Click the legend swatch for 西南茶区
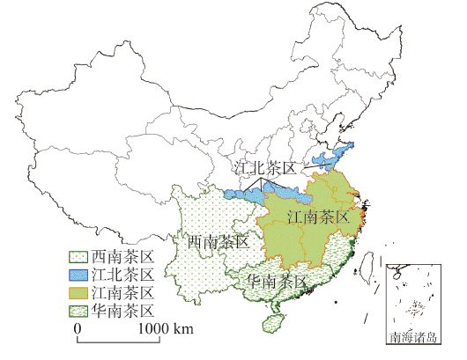[78, 258]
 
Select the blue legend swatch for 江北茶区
[78, 276]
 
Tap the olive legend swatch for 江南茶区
[78, 293]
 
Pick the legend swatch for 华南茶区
[78, 311]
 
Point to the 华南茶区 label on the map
[278, 282]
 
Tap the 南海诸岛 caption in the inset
[417, 337]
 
